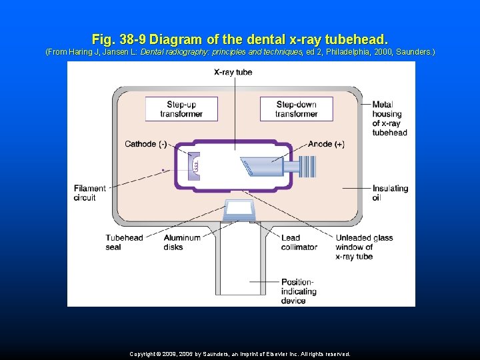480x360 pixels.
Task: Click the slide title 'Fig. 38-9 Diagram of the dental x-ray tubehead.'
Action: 239,39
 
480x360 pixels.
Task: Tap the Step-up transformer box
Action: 181,109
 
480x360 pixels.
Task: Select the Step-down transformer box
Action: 297,109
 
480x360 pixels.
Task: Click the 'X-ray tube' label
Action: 233,72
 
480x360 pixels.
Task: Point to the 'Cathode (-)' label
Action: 145,144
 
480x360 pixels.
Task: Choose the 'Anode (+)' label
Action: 326,144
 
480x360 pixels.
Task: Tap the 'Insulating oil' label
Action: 390,193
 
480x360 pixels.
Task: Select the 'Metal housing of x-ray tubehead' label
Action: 389,118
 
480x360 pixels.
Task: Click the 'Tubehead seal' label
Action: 124,243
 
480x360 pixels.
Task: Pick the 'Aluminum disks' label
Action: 181,243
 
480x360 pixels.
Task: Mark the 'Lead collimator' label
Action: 299,243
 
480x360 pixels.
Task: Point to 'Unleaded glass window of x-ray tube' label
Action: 364,247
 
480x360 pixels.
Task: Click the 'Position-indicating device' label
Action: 297,291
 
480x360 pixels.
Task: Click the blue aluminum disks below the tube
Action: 239,209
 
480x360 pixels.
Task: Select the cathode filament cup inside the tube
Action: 193,165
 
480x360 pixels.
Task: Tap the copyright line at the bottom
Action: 239,354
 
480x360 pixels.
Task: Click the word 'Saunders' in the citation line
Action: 414,51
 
